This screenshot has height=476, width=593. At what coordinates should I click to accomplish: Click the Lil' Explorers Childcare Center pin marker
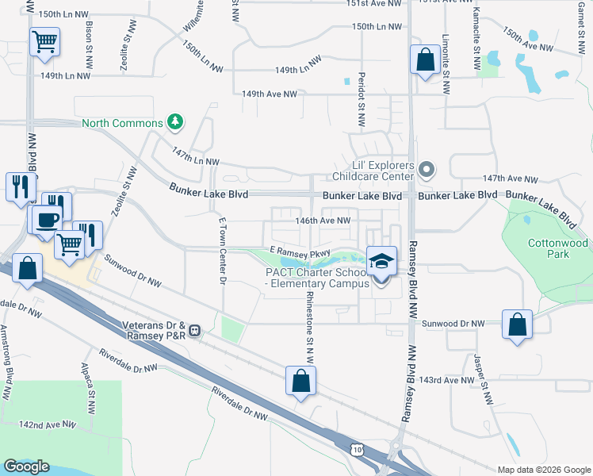click(427, 169)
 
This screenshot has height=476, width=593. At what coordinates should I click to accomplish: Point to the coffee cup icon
click(47, 219)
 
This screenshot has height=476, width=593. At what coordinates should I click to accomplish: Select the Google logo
click(27, 466)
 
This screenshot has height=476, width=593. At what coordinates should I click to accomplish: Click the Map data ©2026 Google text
click(544, 470)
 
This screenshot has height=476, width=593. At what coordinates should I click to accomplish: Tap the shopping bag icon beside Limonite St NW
click(425, 59)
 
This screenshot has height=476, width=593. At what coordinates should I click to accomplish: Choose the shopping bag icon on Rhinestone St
click(301, 381)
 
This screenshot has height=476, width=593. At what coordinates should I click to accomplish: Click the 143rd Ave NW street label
click(446, 381)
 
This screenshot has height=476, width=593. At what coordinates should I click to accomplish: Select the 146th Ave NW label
click(323, 221)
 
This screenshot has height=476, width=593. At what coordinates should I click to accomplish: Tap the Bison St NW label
click(89, 33)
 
